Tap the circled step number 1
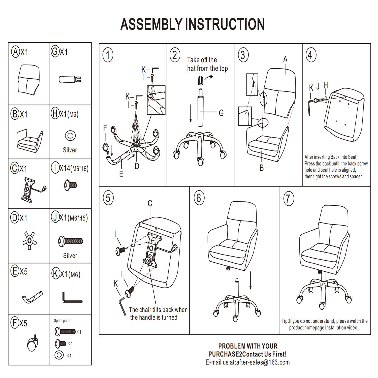coord(108,55)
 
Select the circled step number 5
coord(108,198)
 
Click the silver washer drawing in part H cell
coord(70,136)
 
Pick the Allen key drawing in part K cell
coord(72,298)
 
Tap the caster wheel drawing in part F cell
coord(33,344)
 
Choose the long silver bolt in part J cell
coord(71,241)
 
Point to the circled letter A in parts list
coord(16,52)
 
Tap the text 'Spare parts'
coord(62,321)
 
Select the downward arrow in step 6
coord(250,280)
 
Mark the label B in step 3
coord(262,168)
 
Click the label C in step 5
coord(150,203)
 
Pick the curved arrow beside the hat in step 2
coord(209,78)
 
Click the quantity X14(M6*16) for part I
coord(74,168)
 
